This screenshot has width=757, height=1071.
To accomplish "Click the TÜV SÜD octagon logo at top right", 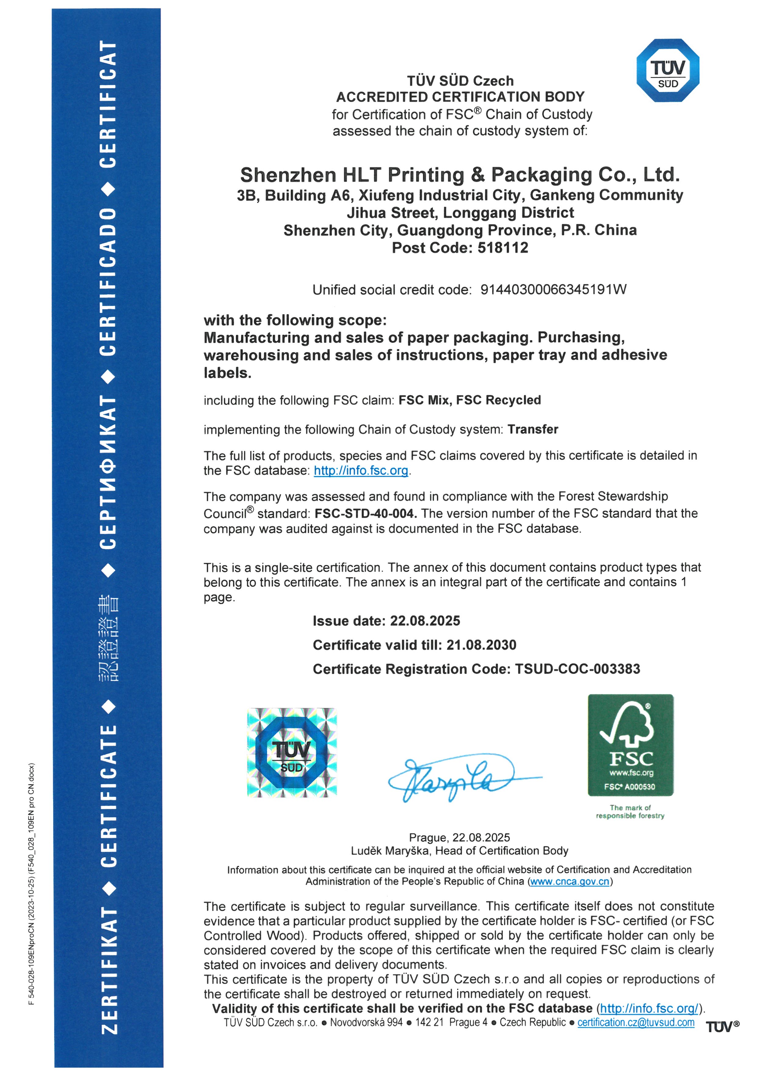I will (x=668, y=71).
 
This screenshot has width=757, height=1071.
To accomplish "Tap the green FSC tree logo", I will (x=630, y=745).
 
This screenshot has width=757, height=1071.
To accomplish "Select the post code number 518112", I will (x=503, y=248).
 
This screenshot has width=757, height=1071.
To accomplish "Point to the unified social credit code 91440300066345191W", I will (x=553, y=290).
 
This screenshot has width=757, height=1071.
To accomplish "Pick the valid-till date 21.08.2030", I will (x=481, y=645).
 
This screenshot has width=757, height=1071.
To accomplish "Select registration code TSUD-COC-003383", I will (x=577, y=669).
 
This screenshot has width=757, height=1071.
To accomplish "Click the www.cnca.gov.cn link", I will (x=570, y=882).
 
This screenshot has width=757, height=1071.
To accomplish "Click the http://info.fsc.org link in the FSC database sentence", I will (x=361, y=471).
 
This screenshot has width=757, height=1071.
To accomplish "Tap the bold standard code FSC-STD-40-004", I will (x=365, y=514).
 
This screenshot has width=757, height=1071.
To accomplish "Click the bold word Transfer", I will (x=533, y=429).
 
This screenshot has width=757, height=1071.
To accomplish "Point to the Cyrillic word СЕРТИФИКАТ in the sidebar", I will (x=108, y=472).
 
